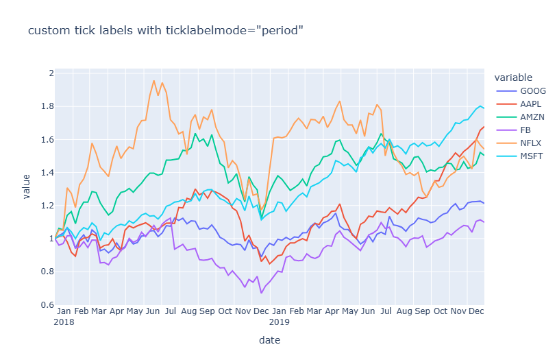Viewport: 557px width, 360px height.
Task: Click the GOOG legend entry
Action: click(x=532, y=91)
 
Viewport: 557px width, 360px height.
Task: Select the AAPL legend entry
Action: click(x=531, y=104)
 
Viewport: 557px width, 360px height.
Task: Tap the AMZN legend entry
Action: click(x=532, y=117)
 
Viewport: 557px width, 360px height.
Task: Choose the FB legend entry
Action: click(x=527, y=130)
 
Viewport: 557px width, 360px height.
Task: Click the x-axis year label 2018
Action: click(x=64, y=321)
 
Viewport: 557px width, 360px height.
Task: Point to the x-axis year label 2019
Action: click(x=280, y=321)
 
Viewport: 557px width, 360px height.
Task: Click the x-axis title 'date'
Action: click(x=269, y=339)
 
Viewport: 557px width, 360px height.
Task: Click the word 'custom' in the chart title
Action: click(x=46, y=31)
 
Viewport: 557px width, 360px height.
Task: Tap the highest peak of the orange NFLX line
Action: click(x=153, y=80)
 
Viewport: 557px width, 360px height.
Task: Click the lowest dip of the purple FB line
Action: click(x=261, y=293)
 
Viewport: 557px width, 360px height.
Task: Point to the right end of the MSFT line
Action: click(x=484, y=108)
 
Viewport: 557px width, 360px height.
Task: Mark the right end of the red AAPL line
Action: click(x=484, y=127)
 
